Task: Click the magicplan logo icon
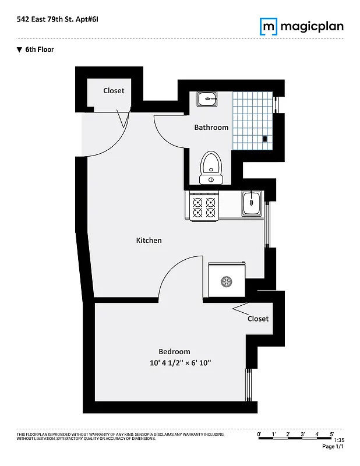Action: pos(269,26)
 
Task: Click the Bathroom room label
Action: pos(211,127)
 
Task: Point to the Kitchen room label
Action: pos(149,240)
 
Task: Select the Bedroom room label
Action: pos(174,351)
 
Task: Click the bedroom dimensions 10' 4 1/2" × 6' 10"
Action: pos(179,363)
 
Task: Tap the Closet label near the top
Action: pos(114,90)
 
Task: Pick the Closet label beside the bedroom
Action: pos(257,319)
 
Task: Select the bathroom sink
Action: pos(207,100)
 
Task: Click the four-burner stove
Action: pos(203,207)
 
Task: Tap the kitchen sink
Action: pos(252,203)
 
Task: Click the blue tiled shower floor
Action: pos(252,119)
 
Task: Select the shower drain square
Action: pos(265,139)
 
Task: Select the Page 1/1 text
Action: pos(333,447)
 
